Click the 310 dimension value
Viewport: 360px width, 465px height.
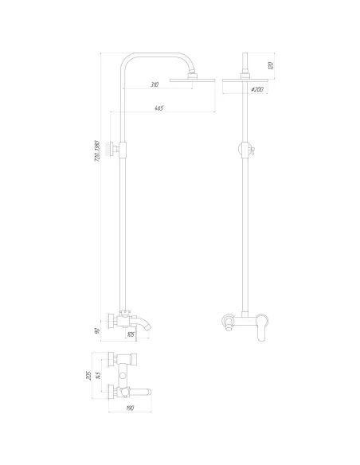pyautogui.click(x=154, y=84)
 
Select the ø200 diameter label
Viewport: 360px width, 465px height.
pyautogui.click(x=256, y=89)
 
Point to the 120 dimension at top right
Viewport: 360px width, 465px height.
pyautogui.click(x=271, y=64)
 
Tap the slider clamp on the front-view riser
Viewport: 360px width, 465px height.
pyautogui.click(x=245, y=148)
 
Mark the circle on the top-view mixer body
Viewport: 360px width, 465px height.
pyautogui.click(x=122, y=374)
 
